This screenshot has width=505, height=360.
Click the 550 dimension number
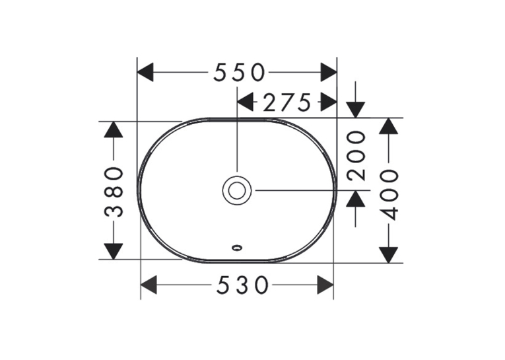239,72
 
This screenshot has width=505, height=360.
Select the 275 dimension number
287,102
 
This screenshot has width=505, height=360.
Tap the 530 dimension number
242,285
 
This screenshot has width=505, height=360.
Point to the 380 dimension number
114,192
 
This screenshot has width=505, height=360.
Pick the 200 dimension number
356,155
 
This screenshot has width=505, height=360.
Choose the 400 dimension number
389,195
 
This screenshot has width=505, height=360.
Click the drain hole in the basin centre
237,190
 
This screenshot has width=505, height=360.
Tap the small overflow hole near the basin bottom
237,248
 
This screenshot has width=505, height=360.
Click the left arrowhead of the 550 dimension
145,72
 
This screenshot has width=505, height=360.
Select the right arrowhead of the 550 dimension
329,72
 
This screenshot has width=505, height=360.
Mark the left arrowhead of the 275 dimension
245,102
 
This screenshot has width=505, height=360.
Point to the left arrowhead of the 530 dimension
149,285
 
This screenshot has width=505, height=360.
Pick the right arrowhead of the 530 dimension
325,285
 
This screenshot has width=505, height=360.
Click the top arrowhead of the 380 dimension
114,129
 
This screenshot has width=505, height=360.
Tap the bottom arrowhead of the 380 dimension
114,252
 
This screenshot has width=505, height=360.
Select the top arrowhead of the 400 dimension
388,126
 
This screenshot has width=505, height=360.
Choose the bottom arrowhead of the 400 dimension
388,255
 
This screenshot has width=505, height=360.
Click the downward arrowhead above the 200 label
356,110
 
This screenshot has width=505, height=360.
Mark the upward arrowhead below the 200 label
356,199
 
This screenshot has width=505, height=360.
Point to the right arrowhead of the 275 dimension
329,102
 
